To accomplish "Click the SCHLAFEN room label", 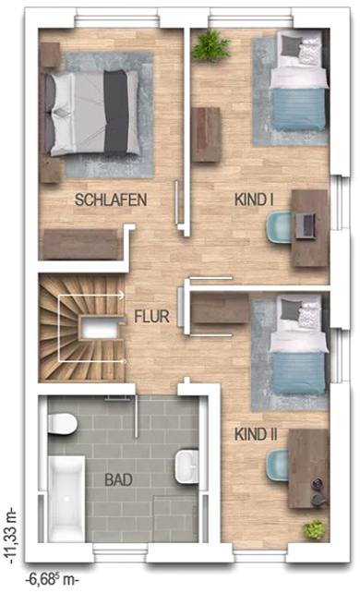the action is tap(111, 200).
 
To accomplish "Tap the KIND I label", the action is tap(254, 200).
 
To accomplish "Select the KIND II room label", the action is tap(256, 434).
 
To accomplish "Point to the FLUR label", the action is tap(152, 317).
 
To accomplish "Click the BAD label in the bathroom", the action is tap(118, 480).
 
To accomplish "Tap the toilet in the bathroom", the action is tap(63, 424).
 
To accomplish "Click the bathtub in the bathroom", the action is tap(66, 499).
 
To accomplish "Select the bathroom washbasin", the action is tap(186, 466).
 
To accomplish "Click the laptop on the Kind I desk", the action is tap(306, 226).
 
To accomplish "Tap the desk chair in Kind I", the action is tap(279, 227).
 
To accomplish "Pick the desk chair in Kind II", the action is tap(279, 466).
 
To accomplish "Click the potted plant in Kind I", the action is tap(210, 45).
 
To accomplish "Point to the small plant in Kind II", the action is tap(314, 528).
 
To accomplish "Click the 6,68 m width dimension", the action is tap(52, 579).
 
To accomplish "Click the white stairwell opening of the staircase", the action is tap(100, 328).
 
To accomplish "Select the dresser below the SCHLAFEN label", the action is tap(80, 244).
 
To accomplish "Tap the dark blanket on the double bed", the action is tap(116, 112).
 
